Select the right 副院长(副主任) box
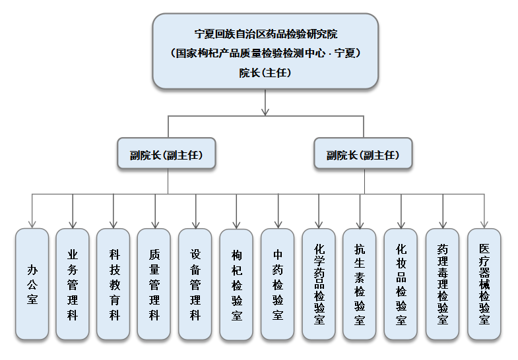tap(363, 156)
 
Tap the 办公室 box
tap(32, 284)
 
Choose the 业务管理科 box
tap(73, 284)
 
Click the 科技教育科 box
tap(113, 284)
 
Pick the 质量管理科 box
tap(154, 284)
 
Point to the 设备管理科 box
tap(195, 284)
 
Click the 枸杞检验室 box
tap(236, 284)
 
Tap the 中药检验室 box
tap(278, 284)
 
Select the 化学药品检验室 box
tap(319, 284)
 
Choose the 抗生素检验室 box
tap(360, 284)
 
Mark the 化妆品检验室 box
tap(401, 284)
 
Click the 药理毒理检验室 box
tap(442, 284)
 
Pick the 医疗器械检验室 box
tap(484, 284)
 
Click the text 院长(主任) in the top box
tap(265, 73)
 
